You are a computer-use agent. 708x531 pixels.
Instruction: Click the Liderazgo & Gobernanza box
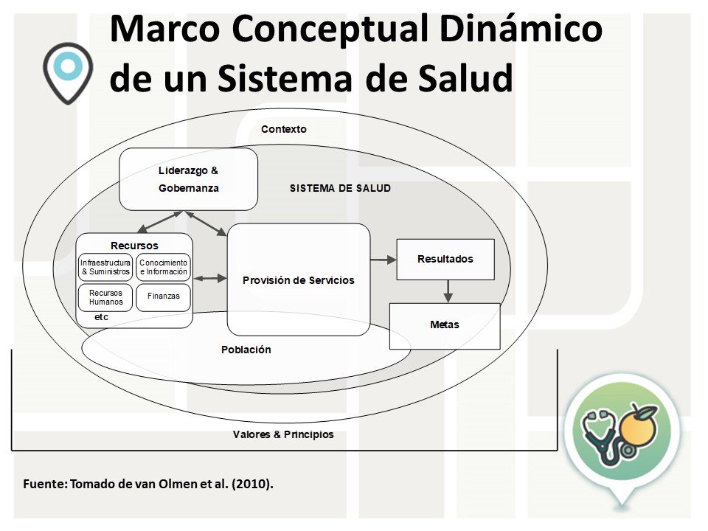click(x=189, y=179)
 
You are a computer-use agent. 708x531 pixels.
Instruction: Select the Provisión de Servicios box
click(x=298, y=280)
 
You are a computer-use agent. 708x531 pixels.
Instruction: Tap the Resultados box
click(x=445, y=260)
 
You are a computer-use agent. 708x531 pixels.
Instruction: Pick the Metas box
click(x=445, y=325)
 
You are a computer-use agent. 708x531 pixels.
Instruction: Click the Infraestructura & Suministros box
click(x=105, y=268)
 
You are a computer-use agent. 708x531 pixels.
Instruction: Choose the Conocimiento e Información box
click(x=164, y=268)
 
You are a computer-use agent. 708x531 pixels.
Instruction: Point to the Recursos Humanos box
click(x=105, y=297)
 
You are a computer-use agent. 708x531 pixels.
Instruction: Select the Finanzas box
click(x=163, y=296)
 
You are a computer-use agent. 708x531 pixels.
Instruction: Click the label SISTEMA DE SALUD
click(x=340, y=189)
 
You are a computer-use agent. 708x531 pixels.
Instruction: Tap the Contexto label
click(x=283, y=129)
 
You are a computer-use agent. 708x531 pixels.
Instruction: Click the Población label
click(x=246, y=350)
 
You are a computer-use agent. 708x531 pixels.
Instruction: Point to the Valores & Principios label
click(x=283, y=434)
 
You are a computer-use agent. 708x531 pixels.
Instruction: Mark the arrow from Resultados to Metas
click(x=447, y=291)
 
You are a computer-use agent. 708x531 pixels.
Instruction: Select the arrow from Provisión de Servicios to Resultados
click(x=383, y=260)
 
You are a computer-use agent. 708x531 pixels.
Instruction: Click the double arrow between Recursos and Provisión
click(x=210, y=279)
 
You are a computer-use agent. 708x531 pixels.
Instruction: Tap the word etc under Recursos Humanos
click(x=102, y=317)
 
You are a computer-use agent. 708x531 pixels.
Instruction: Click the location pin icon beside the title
click(x=67, y=70)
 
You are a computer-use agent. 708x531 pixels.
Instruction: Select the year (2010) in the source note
click(x=253, y=485)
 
